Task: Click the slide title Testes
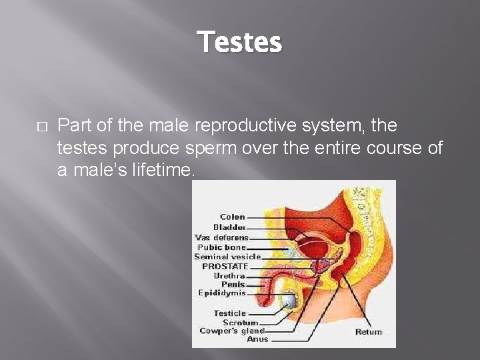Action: click(240, 43)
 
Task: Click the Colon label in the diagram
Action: click(232, 217)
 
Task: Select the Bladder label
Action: click(229, 227)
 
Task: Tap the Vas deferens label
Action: click(221, 237)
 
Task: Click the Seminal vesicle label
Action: click(227, 256)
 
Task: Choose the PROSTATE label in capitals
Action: click(225, 266)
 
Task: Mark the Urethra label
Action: click(229, 275)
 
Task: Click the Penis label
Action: click(233, 284)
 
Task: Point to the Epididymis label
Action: click(222, 293)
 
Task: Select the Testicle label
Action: click(230, 313)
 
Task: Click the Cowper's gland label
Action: click(232, 331)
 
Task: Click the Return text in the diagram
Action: click(369, 331)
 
